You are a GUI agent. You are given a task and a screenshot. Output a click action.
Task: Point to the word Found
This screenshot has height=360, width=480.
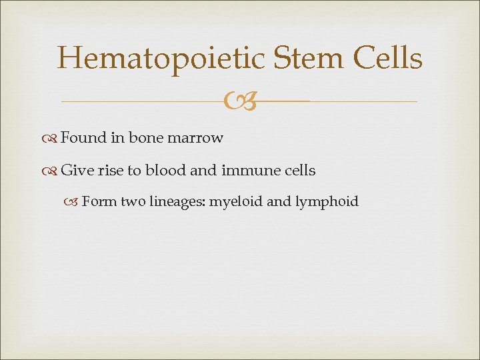click(x=83, y=138)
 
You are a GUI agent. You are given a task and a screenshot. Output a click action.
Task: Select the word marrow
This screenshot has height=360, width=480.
click(x=195, y=138)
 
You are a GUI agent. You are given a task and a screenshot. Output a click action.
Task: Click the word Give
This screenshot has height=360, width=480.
click(x=77, y=171)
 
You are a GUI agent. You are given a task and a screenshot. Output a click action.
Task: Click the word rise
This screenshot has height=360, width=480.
click(x=110, y=171)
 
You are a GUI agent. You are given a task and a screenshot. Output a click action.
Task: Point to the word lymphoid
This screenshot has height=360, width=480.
click(x=328, y=202)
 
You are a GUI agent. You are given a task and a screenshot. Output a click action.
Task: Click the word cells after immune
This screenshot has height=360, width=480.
click(x=298, y=171)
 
